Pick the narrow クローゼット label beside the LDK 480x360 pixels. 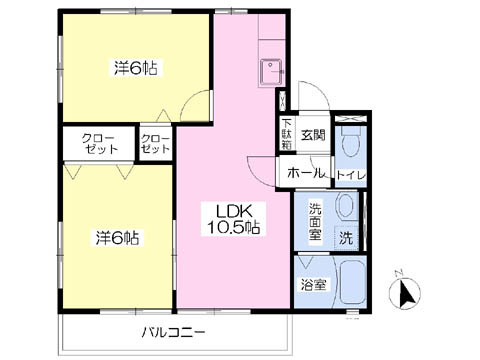[156, 143]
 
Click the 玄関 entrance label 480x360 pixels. [312, 134]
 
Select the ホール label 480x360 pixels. [305, 174]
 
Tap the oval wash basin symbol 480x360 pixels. [344, 209]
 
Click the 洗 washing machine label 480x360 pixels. [345, 240]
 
